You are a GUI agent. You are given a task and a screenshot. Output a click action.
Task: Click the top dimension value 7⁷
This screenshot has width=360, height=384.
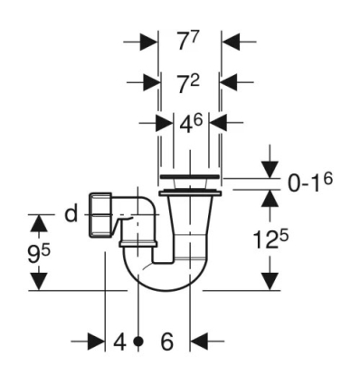click(x=188, y=42)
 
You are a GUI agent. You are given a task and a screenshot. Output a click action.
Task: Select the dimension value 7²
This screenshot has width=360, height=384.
click(x=188, y=82)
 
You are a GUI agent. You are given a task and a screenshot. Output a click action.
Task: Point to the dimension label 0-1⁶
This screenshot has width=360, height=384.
click(x=310, y=182)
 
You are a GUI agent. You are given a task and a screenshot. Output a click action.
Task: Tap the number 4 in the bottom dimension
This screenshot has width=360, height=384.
click(x=118, y=342)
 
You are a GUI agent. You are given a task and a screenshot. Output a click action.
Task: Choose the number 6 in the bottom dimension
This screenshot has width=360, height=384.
click(x=166, y=342)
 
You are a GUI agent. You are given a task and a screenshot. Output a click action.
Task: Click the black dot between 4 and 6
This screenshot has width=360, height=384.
click(x=137, y=342)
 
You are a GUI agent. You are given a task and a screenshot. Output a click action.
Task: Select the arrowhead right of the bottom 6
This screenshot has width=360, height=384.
click(x=198, y=342)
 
